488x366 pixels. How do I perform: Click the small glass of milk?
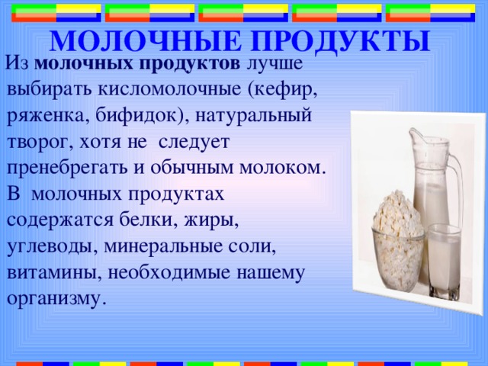[444, 259]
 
